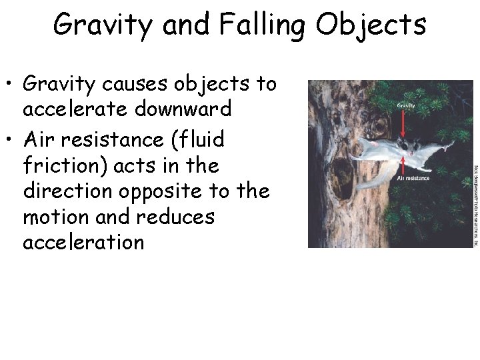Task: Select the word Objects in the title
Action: (x=371, y=25)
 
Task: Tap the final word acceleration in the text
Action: (x=83, y=241)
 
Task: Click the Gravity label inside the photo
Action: (x=406, y=105)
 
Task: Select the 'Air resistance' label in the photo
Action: (x=413, y=179)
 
